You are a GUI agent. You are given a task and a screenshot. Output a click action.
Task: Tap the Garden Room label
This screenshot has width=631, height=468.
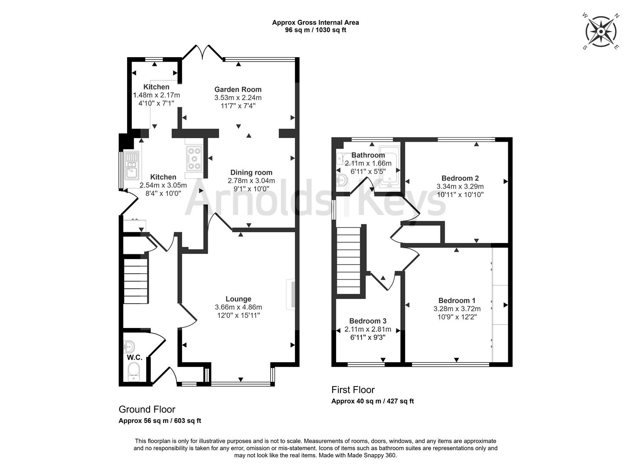pos(238,90)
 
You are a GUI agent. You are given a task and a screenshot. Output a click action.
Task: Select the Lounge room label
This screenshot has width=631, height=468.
pos(238,299)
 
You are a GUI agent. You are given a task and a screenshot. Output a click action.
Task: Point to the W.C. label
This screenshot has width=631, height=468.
pos(134,357)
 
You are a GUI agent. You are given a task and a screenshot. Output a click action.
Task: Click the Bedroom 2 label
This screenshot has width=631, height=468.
pos(460,178)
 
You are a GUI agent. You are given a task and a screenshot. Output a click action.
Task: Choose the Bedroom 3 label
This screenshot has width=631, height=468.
pos(368,321)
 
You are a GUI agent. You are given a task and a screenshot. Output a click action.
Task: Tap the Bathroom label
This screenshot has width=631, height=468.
pos(368,155)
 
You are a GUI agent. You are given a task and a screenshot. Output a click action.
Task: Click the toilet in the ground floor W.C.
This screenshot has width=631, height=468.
pos(134,371)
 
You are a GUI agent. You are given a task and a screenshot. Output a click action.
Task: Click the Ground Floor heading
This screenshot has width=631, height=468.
pos(147,409)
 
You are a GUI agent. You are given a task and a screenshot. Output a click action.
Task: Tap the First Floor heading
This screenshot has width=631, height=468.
pos(353,390)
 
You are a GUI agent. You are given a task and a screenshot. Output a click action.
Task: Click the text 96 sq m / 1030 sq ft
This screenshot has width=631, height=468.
pos(315,30)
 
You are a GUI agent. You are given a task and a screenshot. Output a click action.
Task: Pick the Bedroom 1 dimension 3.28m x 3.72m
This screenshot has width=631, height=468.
pos(457,309)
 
